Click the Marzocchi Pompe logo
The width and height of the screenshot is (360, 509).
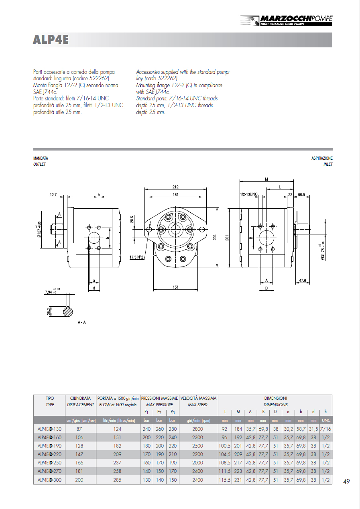pyautogui.click(x=286, y=20)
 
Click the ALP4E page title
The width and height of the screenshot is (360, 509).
pyautogui.click(x=51, y=40)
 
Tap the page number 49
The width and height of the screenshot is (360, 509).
pyautogui.click(x=346, y=482)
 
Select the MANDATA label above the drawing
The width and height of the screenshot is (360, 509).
pyautogui.click(x=41, y=159)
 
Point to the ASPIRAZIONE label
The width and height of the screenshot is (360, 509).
pyautogui.click(x=322, y=159)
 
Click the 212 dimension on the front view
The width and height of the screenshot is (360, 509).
pyautogui.click(x=175, y=187)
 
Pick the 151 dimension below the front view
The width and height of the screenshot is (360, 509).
pyautogui.click(x=175, y=287)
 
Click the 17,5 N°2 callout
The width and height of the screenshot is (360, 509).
pyautogui.click(x=136, y=257)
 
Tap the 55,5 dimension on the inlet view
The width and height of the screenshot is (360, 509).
pyautogui.click(x=302, y=195)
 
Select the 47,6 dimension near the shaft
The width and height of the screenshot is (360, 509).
pyautogui.click(x=302, y=281)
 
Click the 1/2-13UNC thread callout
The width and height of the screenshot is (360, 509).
pyautogui.click(x=248, y=195)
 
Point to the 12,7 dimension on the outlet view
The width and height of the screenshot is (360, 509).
pyautogui.click(x=53, y=195)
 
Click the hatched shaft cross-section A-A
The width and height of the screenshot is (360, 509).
pyautogui.click(x=68, y=311)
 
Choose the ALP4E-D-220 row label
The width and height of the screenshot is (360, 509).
pyautogui.click(x=49, y=454)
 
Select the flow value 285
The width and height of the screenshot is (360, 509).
pyautogui.click(x=117, y=480)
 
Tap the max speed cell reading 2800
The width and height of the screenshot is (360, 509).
pyautogui.click(x=198, y=429)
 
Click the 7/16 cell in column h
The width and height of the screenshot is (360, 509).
pyautogui.click(x=326, y=429)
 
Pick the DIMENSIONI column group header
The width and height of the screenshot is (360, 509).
pyautogui.click(x=276, y=398)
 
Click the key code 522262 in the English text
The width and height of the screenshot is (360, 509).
pyautogui.click(x=166, y=78)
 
